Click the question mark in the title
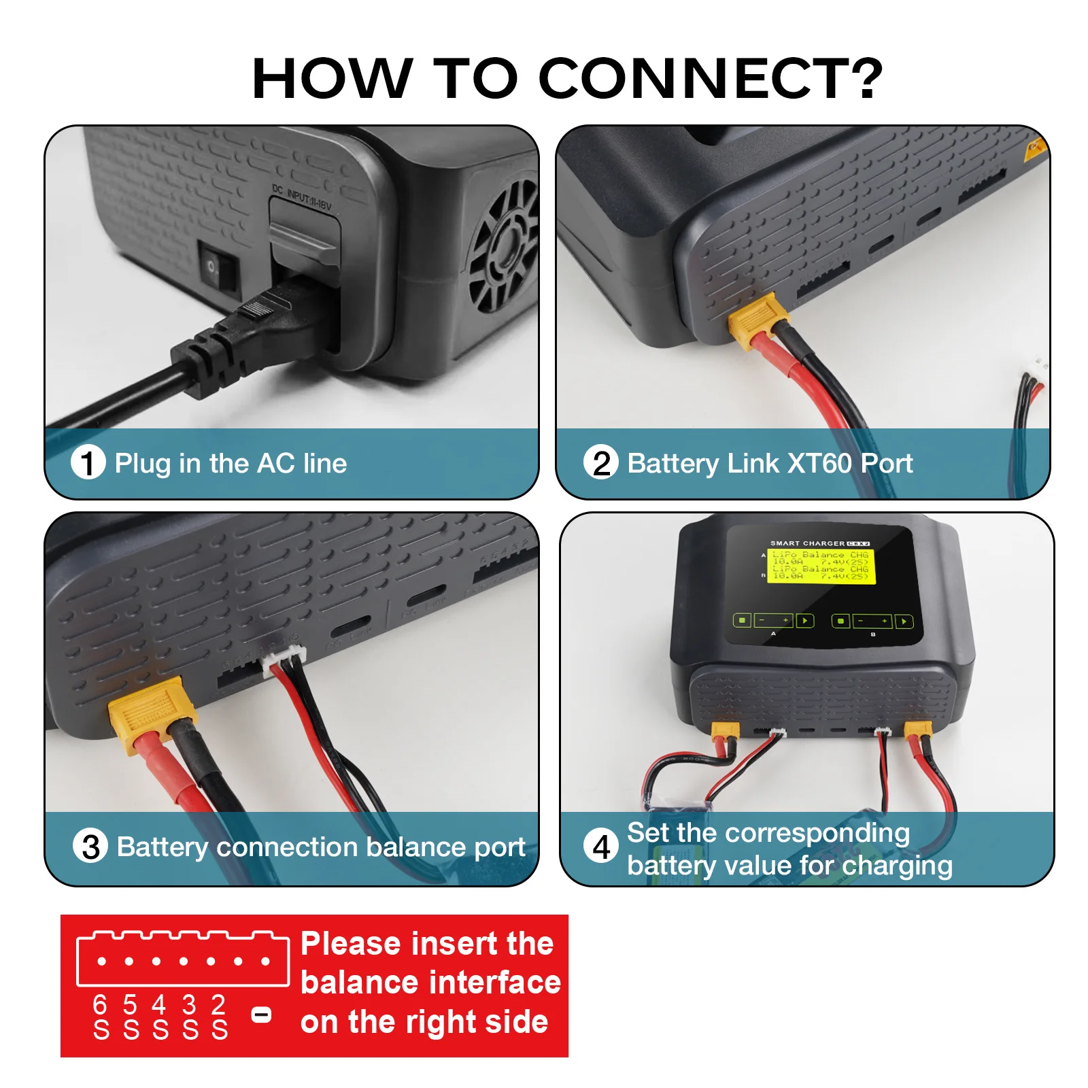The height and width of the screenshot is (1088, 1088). [x=861, y=78]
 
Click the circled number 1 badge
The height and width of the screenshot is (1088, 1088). [x=88, y=463]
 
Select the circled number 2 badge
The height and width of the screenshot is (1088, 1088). [x=600, y=463]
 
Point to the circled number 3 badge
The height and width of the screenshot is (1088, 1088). [x=90, y=847]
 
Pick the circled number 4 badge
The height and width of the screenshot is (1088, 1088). [x=600, y=847]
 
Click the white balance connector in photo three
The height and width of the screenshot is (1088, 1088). [x=284, y=659]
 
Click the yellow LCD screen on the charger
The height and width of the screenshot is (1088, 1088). [x=820, y=566]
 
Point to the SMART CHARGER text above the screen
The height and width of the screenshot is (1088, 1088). [x=807, y=543]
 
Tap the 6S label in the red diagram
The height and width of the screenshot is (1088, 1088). [x=101, y=1017]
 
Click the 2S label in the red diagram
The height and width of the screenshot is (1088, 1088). [x=218, y=1017]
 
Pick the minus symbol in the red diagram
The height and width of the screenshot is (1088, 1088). [x=261, y=1015]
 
